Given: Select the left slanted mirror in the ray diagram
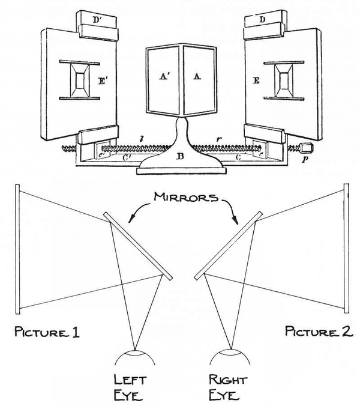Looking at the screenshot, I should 138,245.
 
